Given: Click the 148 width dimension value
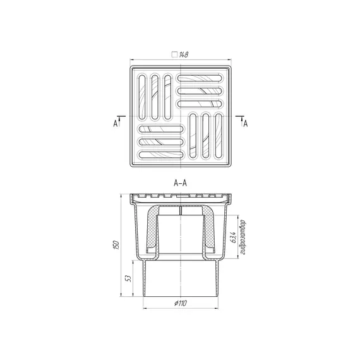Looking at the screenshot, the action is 184,55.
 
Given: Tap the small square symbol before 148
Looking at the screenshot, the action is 174,54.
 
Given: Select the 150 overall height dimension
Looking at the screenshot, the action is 116,245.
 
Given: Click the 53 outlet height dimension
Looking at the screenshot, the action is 128,279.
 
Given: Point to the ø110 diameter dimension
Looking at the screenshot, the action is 181,303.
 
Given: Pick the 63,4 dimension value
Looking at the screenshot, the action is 233,237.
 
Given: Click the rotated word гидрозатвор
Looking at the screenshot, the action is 243,237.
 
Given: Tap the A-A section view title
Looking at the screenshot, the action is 181,183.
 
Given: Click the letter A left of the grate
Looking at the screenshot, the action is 115,124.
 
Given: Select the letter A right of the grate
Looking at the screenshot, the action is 246,124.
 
